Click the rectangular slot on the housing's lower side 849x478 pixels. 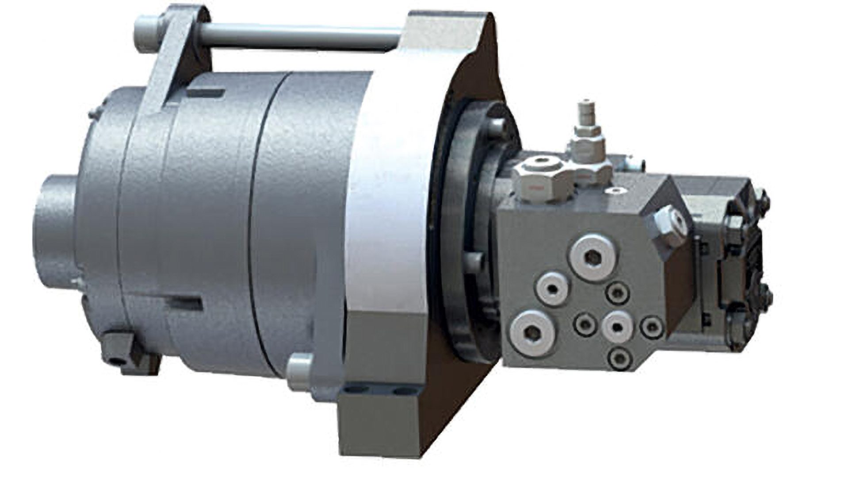[186, 302]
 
